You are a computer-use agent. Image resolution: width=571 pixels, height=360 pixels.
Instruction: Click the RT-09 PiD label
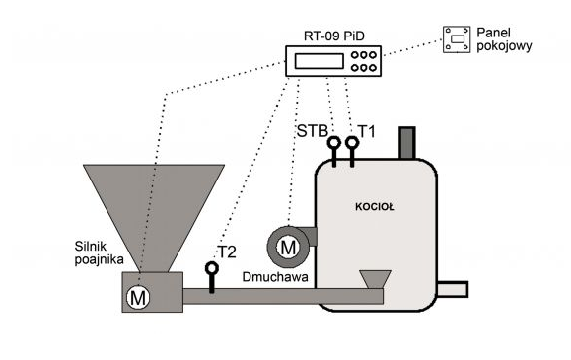pyautogui.click(x=334, y=36)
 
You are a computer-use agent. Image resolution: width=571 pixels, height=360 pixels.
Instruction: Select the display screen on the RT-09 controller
pyautogui.click(x=319, y=61)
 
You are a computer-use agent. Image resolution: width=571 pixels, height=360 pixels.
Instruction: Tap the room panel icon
pyautogui.click(x=457, y=39)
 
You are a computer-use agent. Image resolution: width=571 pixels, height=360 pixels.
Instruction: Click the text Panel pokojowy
pyautogui.click(x=504, y=39)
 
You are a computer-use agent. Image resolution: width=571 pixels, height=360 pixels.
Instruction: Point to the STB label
pyautogui.click(x=313, y=131)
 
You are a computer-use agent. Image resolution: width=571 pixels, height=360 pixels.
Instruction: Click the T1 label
pyautogui.click(x=367, y=131)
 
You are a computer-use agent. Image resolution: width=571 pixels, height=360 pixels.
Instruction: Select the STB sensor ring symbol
pyautogui.click(x=334, y=142)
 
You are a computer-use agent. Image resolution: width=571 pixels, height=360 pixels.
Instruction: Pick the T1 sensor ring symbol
pyautogui.click(x=352, y=142)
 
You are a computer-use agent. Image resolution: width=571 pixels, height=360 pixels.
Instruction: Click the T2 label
pyautogui.click(x=227, y=252)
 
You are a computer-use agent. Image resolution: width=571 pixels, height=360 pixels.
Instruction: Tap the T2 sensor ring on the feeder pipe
pyautogui.click(x=212, y=268)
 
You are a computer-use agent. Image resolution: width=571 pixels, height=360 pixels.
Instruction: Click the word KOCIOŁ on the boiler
pyautogui.click(x=375, y=207)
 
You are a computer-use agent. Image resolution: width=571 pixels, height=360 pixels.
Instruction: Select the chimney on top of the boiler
pyautogui.click(x=407, y=143)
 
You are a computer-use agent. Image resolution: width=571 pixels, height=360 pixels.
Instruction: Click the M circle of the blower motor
pyautogui.click(x=288, y=248)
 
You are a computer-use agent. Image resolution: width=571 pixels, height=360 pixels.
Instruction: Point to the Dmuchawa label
pyautogui.click(x=275, y=277)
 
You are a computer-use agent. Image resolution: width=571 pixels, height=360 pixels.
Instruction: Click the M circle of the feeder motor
pyautogui.click(x=138, y=297)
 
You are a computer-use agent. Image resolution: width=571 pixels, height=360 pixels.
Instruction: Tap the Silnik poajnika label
pyautogui.click(x=99, y=252)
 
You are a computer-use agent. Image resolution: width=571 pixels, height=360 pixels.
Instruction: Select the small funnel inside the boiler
pyautogui.click(x=375, y=279)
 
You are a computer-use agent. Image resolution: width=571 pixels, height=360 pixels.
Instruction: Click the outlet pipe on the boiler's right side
pyautogui.click(x=453, y=289)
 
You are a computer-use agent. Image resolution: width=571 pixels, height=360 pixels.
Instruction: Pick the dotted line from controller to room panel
pyautogui.click(x=412, y=48)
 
